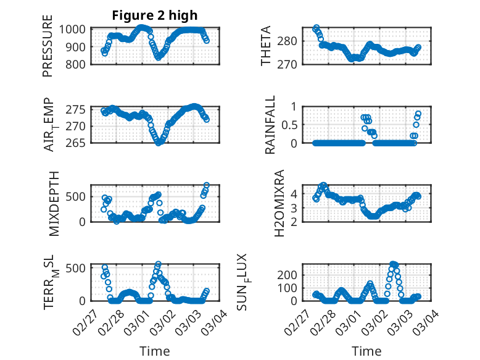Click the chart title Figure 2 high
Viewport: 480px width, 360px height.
tap(155, 15)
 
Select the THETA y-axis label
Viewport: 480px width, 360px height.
tap(266, 46)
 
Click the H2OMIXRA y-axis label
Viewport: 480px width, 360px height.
tap(279, 203)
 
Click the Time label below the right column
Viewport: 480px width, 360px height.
tap(366, 351)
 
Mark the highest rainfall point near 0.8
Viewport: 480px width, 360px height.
tap(418, 114)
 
